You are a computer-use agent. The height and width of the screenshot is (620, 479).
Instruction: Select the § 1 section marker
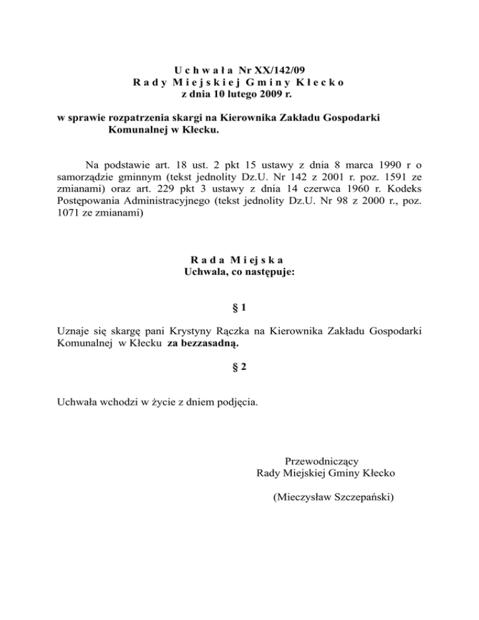coord(239,308)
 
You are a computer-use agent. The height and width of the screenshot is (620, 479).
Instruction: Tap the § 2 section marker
coord(239,367)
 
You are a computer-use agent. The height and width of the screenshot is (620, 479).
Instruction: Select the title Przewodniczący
coord(321,462)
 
